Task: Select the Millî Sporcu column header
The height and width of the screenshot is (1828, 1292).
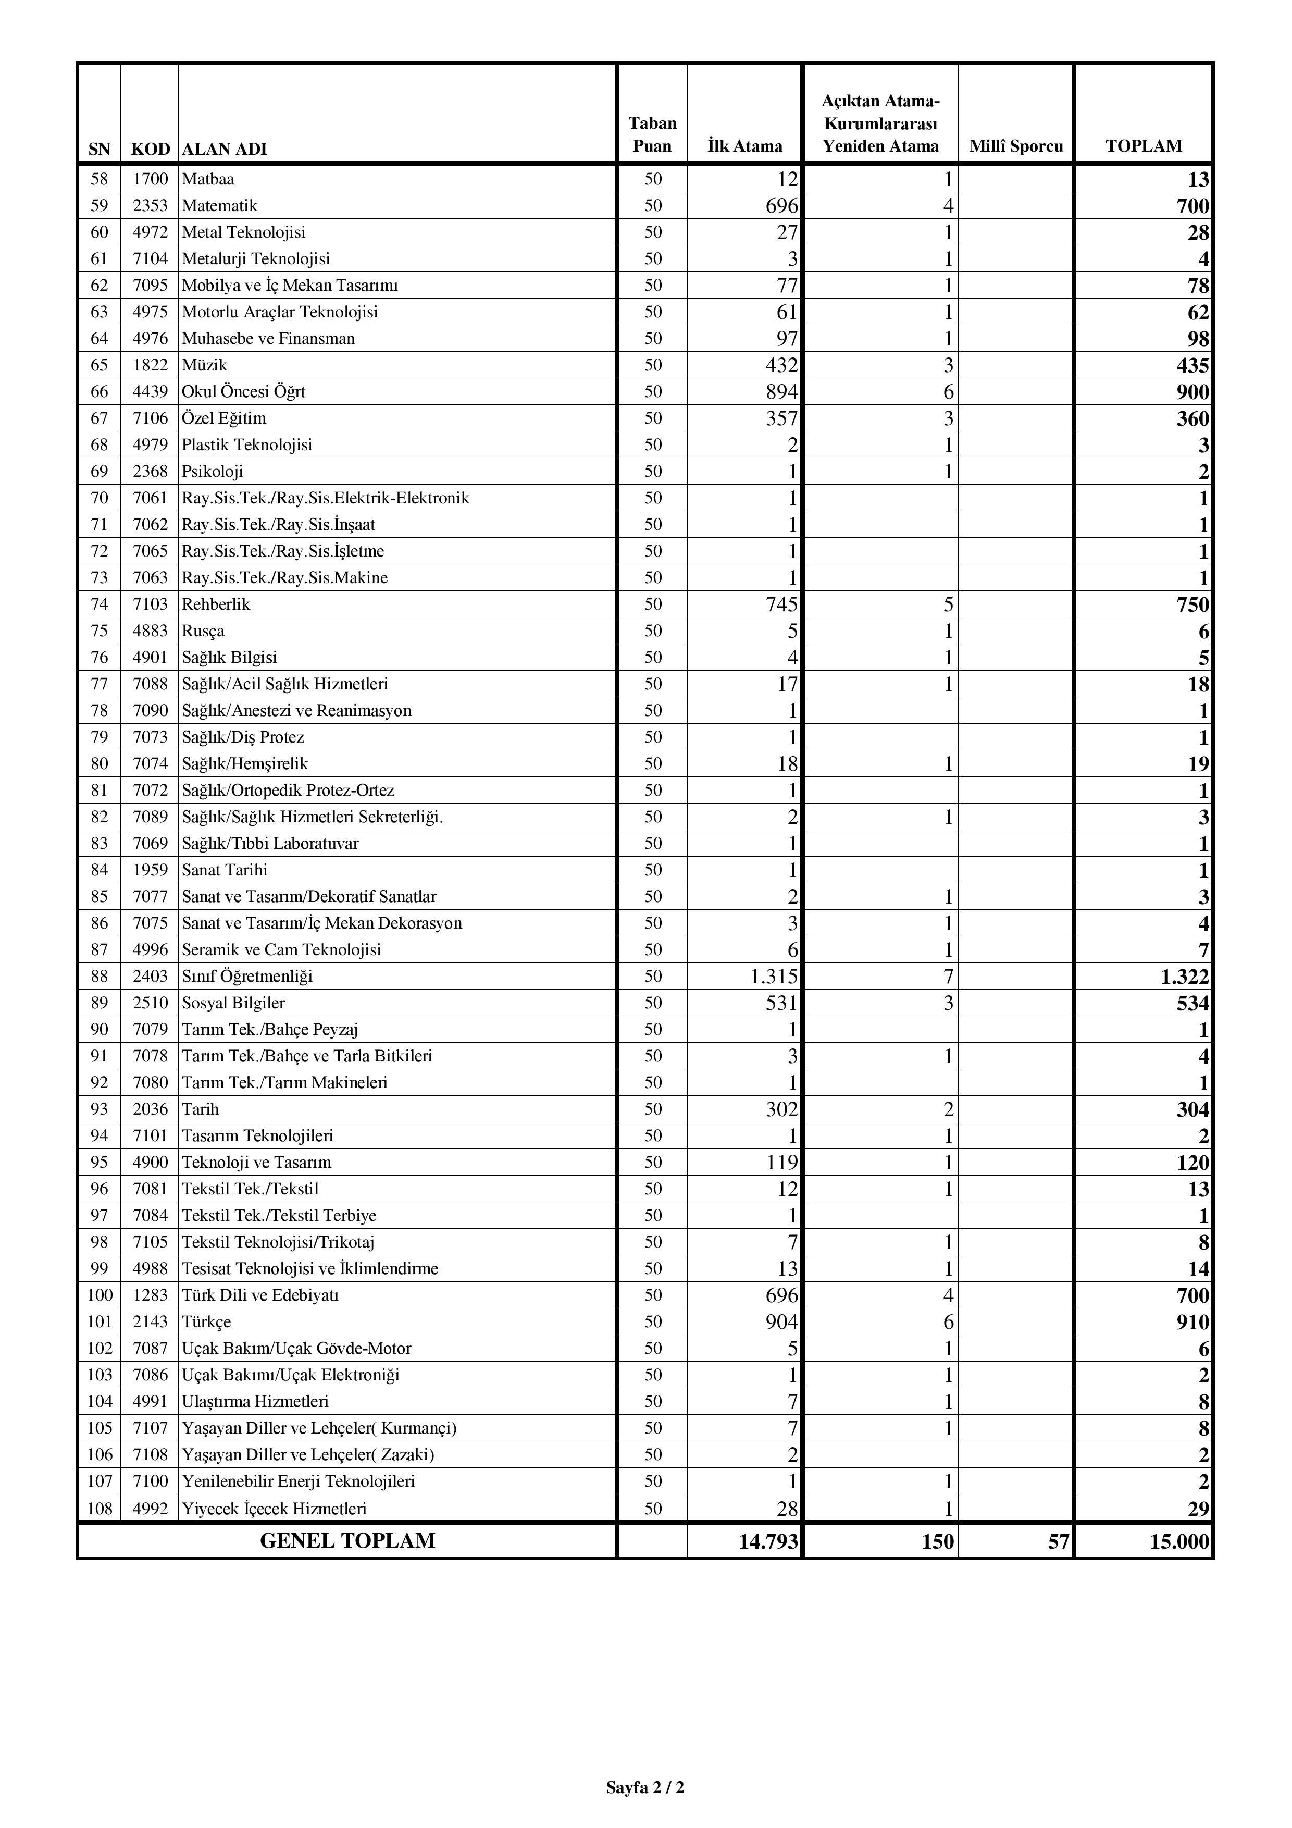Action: (x=1016, y=146)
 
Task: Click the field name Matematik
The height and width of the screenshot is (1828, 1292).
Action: (x=220, y=205)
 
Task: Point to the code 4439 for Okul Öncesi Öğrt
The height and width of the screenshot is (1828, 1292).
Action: (x=151, y=392)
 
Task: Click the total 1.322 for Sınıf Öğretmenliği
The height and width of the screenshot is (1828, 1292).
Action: (x=1185, y=977)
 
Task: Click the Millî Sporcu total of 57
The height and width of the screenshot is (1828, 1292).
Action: (x=1058, y=1542)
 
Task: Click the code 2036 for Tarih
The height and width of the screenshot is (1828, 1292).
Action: (x=151, y=1109)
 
